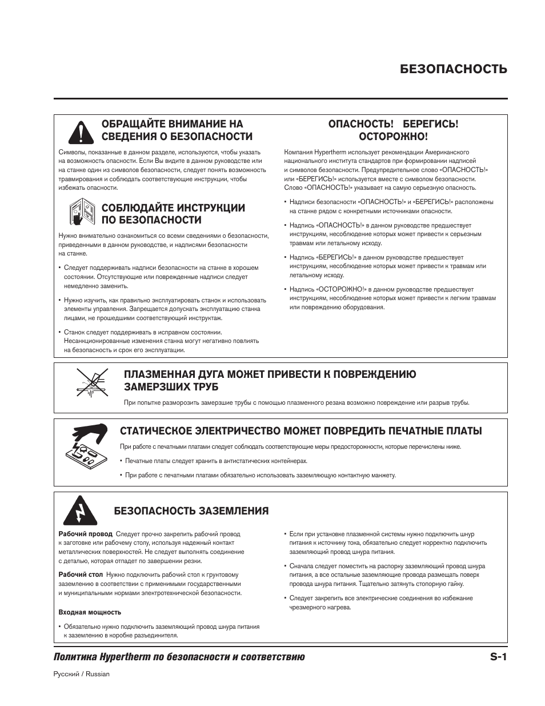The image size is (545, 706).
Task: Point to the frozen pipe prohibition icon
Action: coord(93,383)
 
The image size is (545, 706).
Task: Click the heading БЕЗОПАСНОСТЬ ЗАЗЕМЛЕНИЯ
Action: coord(191,510)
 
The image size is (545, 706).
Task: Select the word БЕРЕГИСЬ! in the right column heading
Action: coord(431,124)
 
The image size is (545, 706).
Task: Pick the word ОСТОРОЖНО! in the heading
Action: coord(393,137)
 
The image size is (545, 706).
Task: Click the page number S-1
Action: coord(498,657)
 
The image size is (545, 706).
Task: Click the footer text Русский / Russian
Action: coord(81,674)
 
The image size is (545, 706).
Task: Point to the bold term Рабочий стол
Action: coord(81,575)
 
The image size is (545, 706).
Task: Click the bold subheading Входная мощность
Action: coord(90,612)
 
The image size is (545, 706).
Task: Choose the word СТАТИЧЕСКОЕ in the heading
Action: coord(156,430)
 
